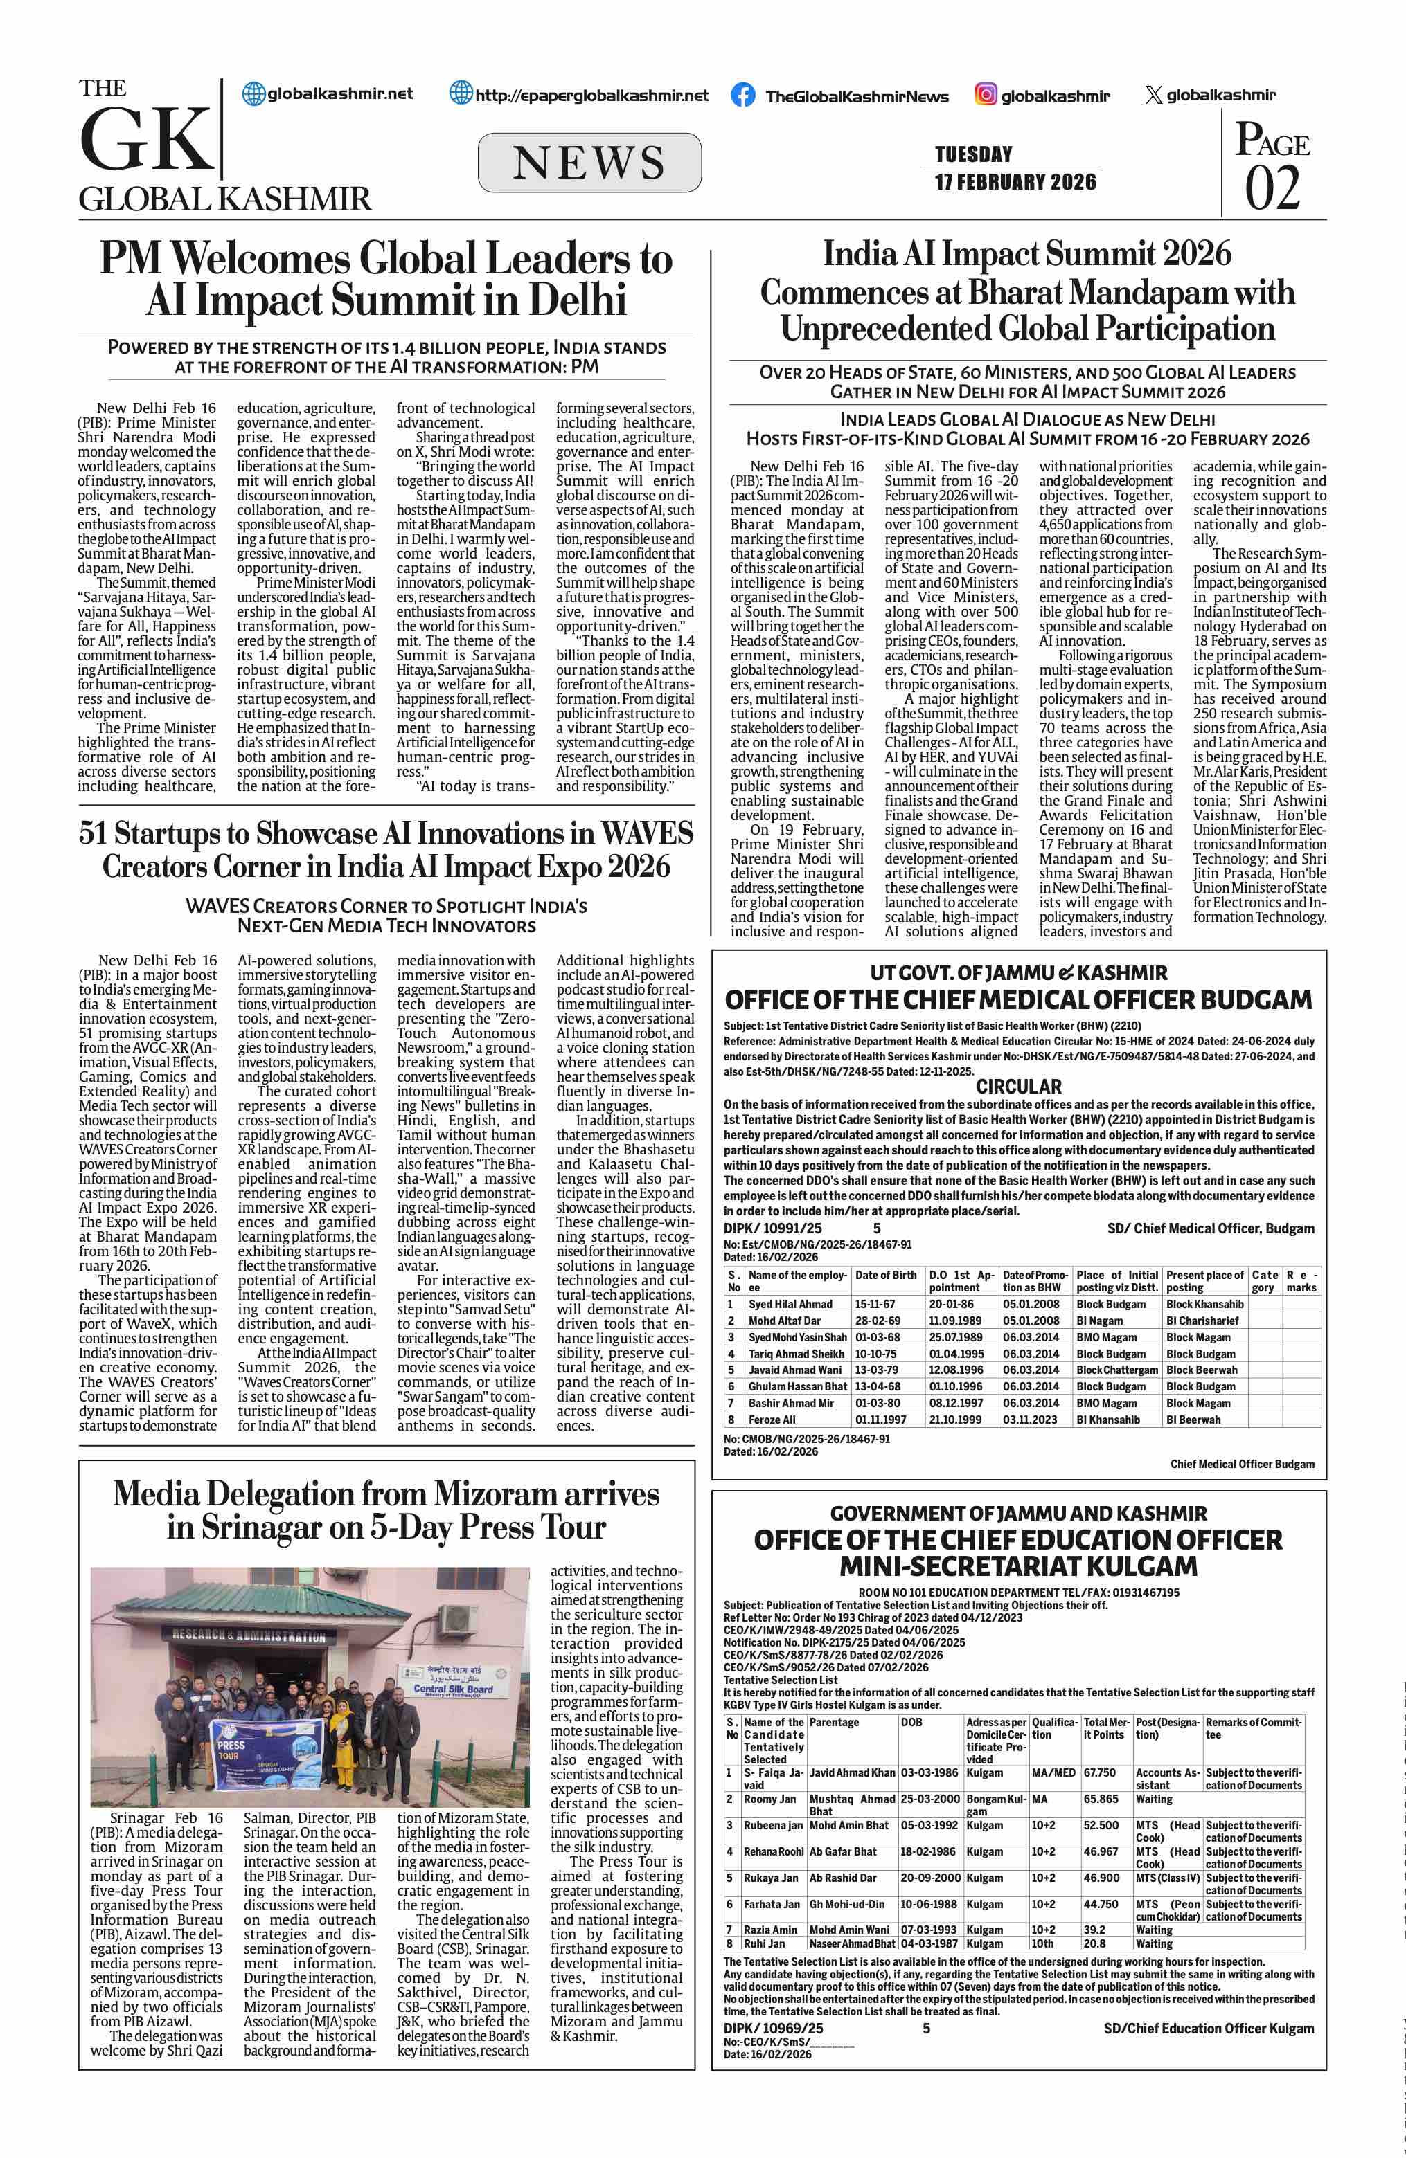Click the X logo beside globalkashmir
pyautogui.click(x=1154, y=94)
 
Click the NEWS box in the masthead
pyautogui.click(x=589, y=163)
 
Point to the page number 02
pyautogui.click(x=1272, y=188)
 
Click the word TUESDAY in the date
pyautogui.click(x=973, y=154)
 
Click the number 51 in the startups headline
pyautogui.click(x=93, y=833)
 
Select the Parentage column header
pyautogui.click(x=834, y=1722)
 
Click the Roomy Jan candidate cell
pyautogui.click(x=769, y=1799)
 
